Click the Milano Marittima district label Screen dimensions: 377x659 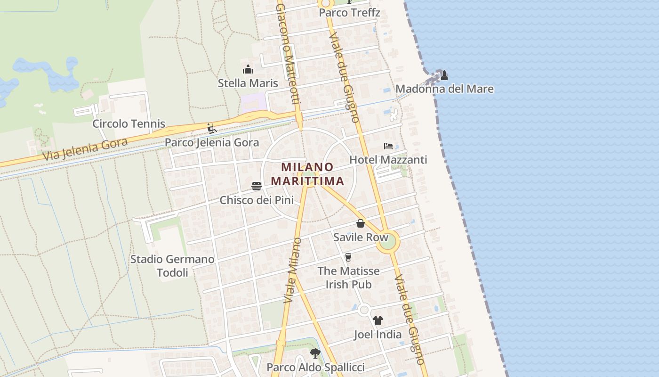pyautogui.click(x=307, y=174)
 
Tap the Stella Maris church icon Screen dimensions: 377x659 pyautogui.click(x=248, y=70)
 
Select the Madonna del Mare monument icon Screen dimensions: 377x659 pyautogui.click(x=444, y=75)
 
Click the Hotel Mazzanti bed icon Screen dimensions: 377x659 pyautogui.click(x=388, y=146)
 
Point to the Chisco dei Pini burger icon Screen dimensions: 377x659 pyautogui.click(x=257, y=186)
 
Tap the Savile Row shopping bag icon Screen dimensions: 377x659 pyautogui.click(x=361, y=223)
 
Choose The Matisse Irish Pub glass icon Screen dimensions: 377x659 pyautogui.click(x=348, y=257)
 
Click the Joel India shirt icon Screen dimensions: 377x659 pyautogui.click(x=378, y=320)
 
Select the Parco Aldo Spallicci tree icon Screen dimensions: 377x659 pyautogui.click(x=315, y=353)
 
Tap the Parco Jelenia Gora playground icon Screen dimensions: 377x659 pyautogui.click(x=212, y=128)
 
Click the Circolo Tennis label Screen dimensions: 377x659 pyautogui.click(x=129, y=124)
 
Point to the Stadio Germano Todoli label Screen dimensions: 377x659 pyautogui.click(x=172, y=266)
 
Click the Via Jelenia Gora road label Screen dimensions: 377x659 pyautogui.click(x=85, y=149)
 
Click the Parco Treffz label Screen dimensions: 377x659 pyautogui.click(x=349, y=13)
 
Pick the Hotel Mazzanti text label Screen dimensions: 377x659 pyautogui.click(x=388, y=160)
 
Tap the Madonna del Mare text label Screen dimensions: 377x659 pyautogui.click(x=444, y=89)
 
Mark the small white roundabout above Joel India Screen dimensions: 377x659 pyautogui.click(x=364, y=310)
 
